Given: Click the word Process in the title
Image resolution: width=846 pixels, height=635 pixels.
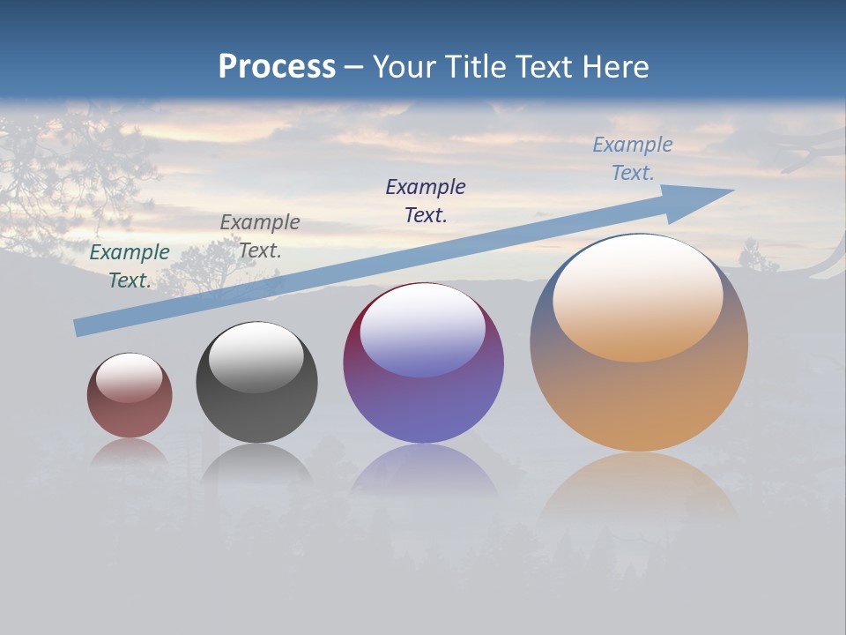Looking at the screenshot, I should (277, 67).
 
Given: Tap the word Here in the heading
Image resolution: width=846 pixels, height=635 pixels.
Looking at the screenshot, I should (613, 67).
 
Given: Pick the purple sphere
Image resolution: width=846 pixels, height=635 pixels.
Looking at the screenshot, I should (423, 397).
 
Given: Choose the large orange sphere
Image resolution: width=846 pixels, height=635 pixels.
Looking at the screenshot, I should (639, 397).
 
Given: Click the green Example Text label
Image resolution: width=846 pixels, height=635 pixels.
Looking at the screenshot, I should (130, 265).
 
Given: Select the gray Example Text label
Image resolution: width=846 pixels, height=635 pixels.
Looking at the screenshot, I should (260, 236).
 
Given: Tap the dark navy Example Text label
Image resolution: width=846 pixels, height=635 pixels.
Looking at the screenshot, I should (426, 200).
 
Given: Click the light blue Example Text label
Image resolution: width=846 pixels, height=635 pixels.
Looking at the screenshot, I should (632, 159).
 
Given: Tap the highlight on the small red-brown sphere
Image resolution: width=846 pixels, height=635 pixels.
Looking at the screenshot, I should (129, 377).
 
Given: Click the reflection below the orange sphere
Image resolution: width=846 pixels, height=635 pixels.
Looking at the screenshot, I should (639, 485).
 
